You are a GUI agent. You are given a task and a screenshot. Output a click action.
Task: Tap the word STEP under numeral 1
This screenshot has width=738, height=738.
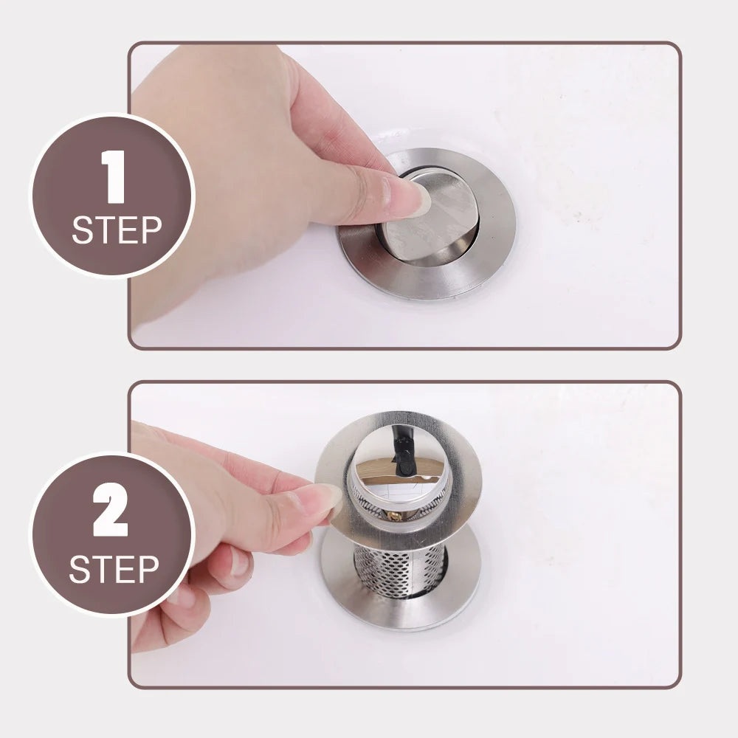116,230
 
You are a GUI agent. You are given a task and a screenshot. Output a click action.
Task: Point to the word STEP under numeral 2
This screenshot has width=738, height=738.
114,570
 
